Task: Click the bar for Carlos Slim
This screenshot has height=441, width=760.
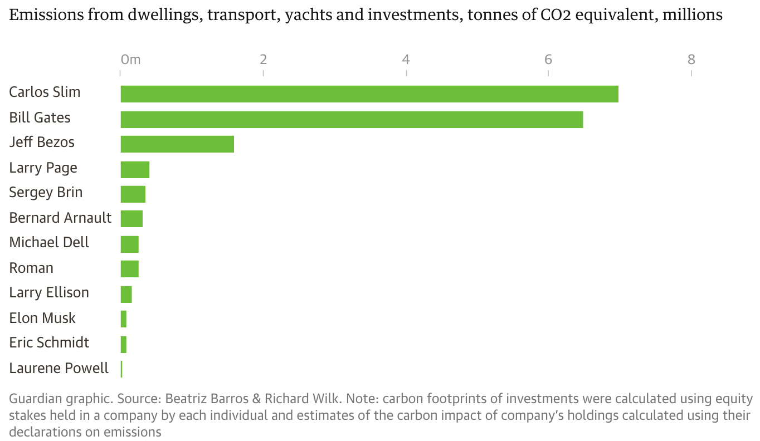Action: coord(369,94)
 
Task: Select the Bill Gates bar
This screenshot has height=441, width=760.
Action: coord(352,119)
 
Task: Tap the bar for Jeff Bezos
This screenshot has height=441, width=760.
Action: coord(177,144)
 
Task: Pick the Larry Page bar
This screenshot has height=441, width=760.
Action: coord(135,169)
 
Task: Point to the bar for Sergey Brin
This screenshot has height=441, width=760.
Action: coord(133,194)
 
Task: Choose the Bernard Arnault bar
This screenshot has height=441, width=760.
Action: coord(131,219)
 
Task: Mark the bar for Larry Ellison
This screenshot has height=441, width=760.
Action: coord(126,294)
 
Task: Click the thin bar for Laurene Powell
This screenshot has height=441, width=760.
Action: coord(121,369)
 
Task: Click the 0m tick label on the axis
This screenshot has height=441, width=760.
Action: coord(130,60)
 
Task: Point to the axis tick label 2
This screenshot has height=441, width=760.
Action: coord(264,60)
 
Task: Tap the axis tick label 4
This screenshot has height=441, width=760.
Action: coord(406,60)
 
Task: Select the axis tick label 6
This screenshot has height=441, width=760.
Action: coord(548,60)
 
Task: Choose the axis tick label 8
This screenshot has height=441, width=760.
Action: coord(691,60)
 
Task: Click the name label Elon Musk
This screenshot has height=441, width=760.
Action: coord(42,318)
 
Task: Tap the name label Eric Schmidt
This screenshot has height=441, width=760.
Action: coord(49,342)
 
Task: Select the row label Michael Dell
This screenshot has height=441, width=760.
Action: coord(49,243)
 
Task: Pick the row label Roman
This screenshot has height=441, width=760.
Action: coord(31,268)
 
